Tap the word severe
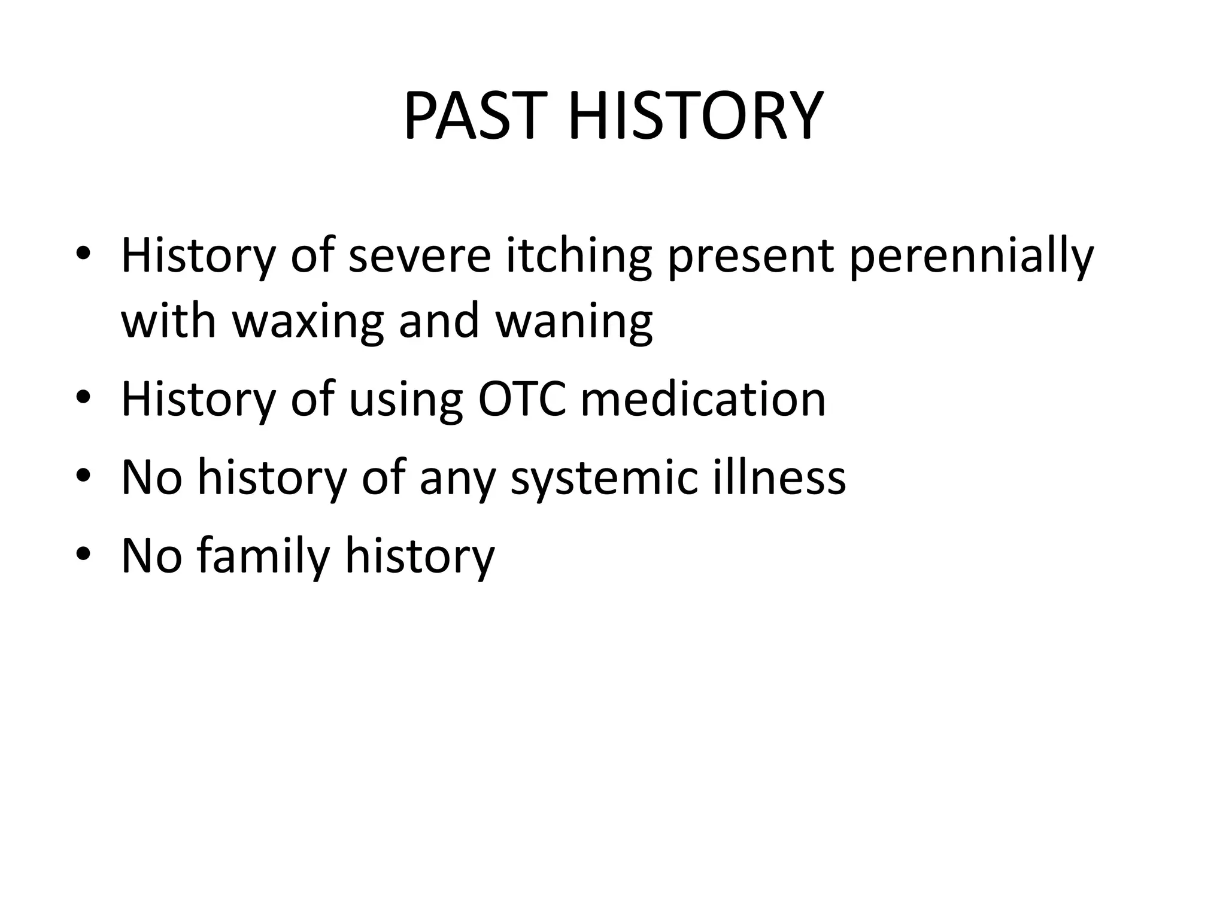click(x=419, y=256)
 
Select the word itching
click(x=578, y=256)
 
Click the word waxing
click(x=307, y=321)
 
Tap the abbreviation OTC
click(x=521, y=399)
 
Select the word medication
click(x=703, y=399)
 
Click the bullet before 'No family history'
click(x=83, y=555)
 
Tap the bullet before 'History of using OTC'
click(x=83, y=398)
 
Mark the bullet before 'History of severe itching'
click(x=83, y=254)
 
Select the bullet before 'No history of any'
click(x=83, y=476)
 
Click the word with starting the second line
click(x=168, y=321)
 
